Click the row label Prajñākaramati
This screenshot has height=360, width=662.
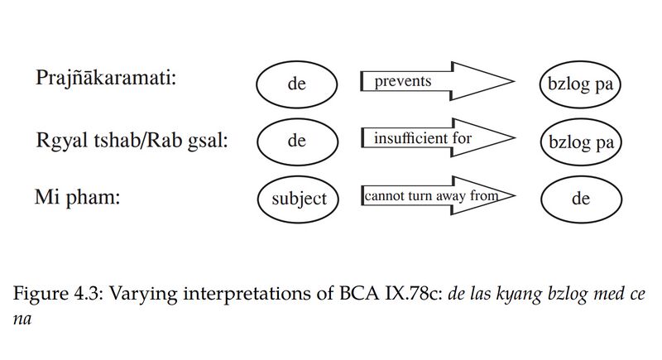point(108,78)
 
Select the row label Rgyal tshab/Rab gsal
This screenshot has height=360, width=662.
point(132,140)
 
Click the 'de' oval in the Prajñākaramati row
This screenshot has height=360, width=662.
point(297,84)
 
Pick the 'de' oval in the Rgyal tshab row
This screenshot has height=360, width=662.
point(297,141)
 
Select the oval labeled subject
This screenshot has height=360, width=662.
point(299,199)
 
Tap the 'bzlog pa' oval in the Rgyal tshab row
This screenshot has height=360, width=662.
point(580,142)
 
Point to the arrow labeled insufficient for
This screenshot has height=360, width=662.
point(430,139)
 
